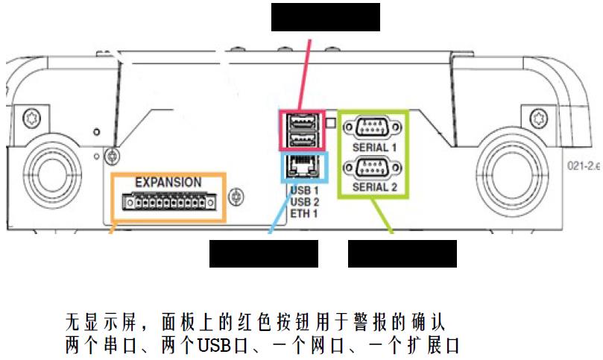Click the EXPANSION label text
coord(168,182)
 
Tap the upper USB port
coord(302,121)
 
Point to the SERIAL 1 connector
coord(373,128)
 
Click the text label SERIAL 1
coord(373,148)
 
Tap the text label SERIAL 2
coord(373,187)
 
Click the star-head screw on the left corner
coord(32,118)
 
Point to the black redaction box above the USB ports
coord(325,16)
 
